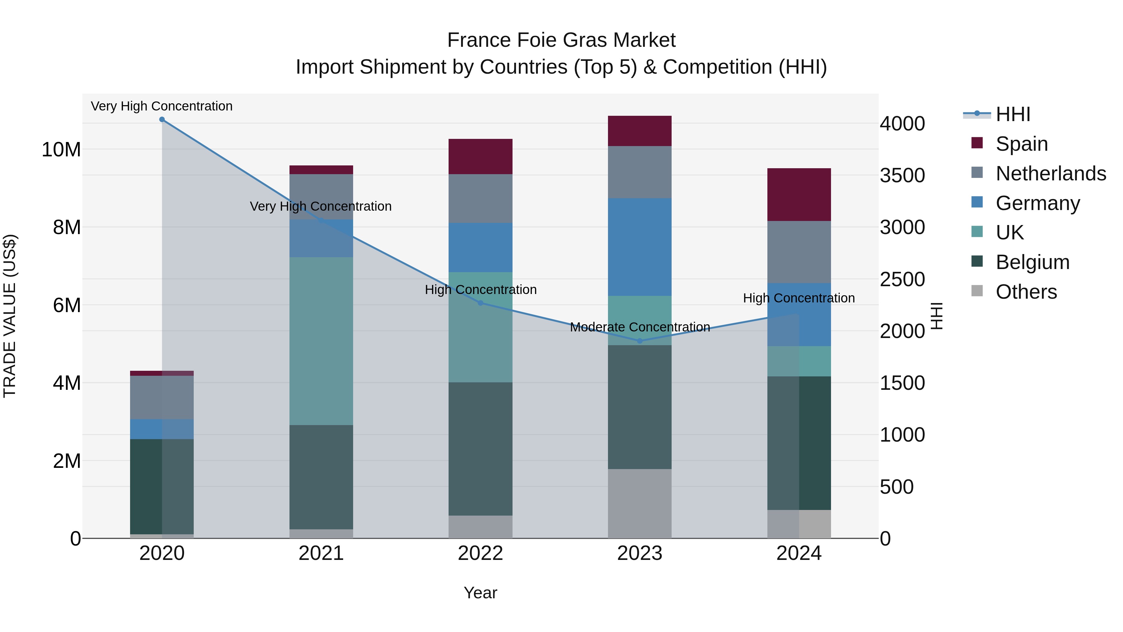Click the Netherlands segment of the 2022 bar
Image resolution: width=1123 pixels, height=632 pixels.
pyautogui.click(x=480, y=198)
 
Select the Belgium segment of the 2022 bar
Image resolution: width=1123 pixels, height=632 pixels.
pyautogui.click(x=480, y=449)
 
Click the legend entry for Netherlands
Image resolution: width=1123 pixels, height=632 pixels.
pyautogui.click(x=1051, y=174)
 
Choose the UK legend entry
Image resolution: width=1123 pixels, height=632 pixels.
pyautogui.click(x=1010, y=233)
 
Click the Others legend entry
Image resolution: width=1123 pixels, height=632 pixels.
pyautogui.click(x=1026, y=292)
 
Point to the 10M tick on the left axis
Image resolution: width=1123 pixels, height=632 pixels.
pyautogui.click(x=61, y=149)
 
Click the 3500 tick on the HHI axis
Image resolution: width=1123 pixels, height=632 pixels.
pyautogui.click(x=902, y=175)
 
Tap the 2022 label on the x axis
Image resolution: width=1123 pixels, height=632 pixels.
pyautogui.click(x=480, y=553)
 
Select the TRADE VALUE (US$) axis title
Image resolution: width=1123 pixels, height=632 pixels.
pyautogui.click(x=10, y=316)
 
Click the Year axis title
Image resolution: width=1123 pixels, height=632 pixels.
pyautogui.click(x=480, y=593)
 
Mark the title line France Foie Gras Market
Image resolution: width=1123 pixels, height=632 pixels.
pyautogui.click(x=561, y=40)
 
